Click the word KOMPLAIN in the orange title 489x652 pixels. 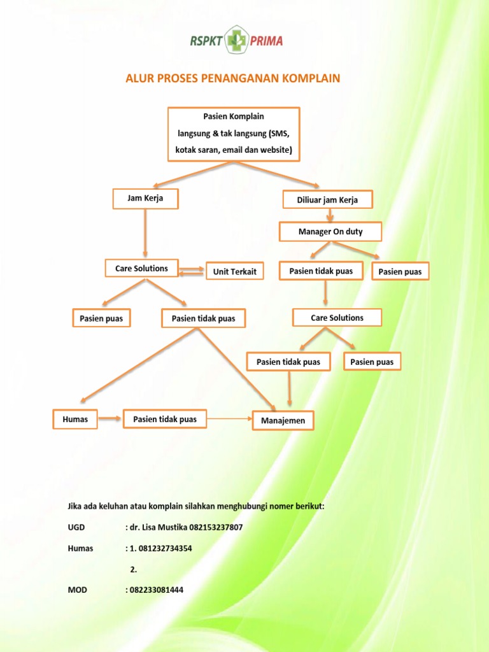(x=308, y=78)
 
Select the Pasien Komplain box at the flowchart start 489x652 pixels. (x=233, y=134)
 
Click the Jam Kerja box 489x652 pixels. (x=145, y=199)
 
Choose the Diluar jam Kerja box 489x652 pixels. (x=327, y=200)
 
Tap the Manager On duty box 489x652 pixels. (x=330, y=232)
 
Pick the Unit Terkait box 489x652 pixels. (x=234, y=272)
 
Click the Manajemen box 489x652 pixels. (x=283, y=421)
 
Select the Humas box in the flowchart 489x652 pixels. (x=75, y=419)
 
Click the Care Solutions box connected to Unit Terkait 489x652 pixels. (x=141, y=269)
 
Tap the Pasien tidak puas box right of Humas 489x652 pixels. (x=165, y=419)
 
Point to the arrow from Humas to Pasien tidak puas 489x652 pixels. (x=110, y=419)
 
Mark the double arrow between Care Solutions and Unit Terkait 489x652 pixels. (x=192, y=271)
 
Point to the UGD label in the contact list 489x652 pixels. (x=76, y=528)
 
